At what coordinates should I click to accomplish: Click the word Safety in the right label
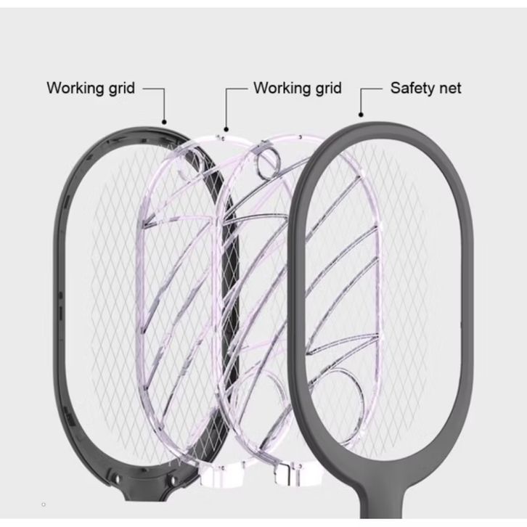pos(411,88)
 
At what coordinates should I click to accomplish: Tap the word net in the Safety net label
pos(449,88)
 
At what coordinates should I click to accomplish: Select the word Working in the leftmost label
pos(74,88)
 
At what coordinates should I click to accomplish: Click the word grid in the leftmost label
pos(120,88)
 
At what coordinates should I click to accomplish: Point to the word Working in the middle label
pos(281,88)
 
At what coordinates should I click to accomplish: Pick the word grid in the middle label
pos(327,88)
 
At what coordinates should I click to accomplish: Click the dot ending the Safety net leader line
pos(361,114)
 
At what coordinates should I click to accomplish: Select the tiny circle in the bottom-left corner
pos(45,502)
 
